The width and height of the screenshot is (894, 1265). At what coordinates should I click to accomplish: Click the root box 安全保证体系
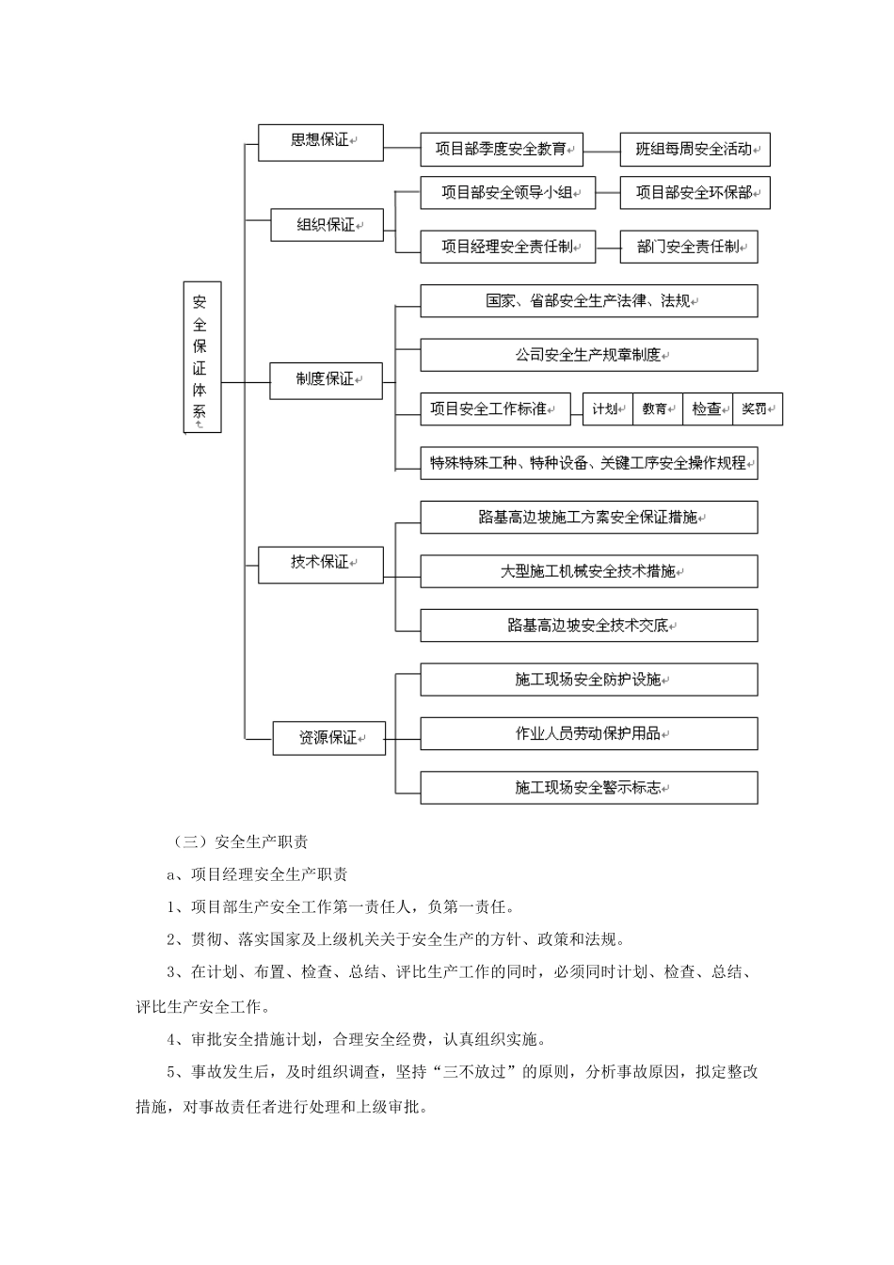(201, 357)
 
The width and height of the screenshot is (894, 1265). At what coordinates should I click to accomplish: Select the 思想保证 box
(320, 141)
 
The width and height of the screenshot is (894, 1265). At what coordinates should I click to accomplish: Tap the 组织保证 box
(327, 226)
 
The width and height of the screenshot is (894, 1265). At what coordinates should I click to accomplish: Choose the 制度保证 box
(326, 380)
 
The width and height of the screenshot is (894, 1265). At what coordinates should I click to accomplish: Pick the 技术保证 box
(320, 563)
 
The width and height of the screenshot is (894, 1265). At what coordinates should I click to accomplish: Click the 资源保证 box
(328, 738)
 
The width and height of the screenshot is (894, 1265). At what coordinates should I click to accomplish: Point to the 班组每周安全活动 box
(694, 149)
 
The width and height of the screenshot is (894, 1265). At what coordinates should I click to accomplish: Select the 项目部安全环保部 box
(694, 193)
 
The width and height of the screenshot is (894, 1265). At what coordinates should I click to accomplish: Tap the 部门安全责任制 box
(688, 247)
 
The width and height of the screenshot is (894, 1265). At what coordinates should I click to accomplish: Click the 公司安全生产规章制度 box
(588, 355)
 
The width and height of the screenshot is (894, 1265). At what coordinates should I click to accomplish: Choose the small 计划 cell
(607, 409)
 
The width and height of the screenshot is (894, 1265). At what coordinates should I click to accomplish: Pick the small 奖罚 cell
(757, 409)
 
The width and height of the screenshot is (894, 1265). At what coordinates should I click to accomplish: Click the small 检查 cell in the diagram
(707, 409)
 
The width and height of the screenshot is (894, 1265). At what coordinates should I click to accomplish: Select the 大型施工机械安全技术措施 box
(588, 571)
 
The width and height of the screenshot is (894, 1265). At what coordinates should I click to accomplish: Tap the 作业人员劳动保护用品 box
(588, 734)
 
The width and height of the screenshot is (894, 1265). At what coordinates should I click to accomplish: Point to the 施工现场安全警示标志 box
(588, 788)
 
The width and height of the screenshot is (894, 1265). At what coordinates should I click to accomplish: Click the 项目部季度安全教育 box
(501, 149)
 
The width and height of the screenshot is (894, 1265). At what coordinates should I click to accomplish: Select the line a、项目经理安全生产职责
(257, 874)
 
